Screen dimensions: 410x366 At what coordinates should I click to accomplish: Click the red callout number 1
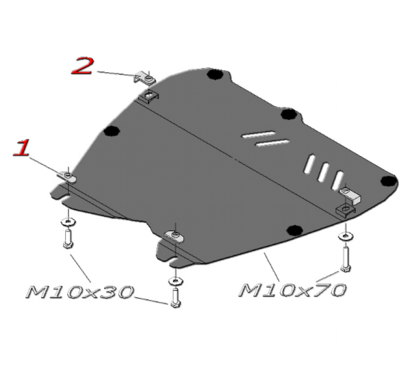[x=22, y=148]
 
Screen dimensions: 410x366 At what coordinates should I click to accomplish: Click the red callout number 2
[x=83, y=66]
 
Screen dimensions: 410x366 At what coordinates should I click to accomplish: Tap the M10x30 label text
[x=80, y=292]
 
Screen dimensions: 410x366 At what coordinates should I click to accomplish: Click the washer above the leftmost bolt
[x=68, y=222]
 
